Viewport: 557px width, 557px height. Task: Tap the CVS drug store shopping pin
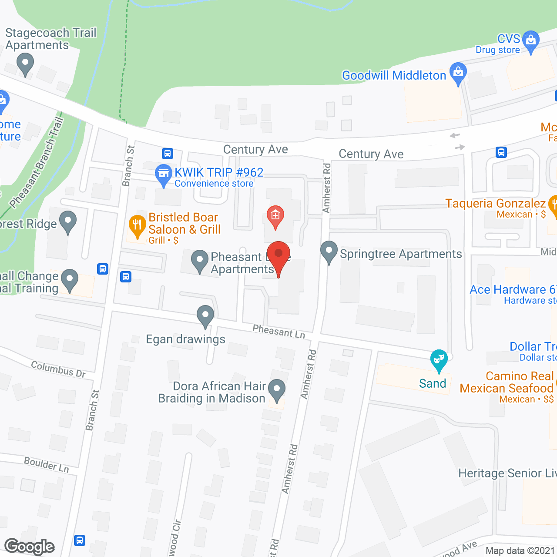pyautogui.click(x=530, y=41)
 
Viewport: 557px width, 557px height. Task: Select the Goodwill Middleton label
pyautogui.click(x=394, y=75)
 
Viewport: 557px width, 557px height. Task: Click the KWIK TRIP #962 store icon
pyautogui.click(x=163, y=174)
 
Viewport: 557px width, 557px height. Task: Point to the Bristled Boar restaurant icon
pyautogui.click(x=137, y=226)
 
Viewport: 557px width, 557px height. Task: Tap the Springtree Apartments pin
pyautogui.click(x=329, y=252)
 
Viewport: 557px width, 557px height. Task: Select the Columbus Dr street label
pyautogui.click(x=58, y=369)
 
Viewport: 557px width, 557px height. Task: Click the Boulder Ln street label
pyautogui.click(x=47, y=464)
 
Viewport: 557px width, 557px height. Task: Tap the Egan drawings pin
pyautogui.click(x=205, y=315)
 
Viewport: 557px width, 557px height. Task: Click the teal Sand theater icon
pyautogui.click(x=439, y=360)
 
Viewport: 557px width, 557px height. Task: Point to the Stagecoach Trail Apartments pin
pyautogui.click(x=25, y=64)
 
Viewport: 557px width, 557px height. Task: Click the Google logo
pyautogui.click(x=30, y=547)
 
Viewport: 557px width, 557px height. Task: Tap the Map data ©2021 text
pyautogui.click(x=520, y=551)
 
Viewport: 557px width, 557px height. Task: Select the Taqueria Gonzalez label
pyautogui.click(x=495, y=203)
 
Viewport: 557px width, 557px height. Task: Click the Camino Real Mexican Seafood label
pyautogui.click(x=507, y=382)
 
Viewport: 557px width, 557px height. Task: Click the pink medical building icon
pyautogui.click(x=275, y=216)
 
